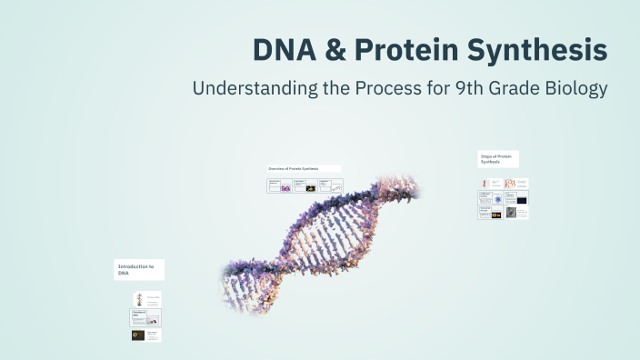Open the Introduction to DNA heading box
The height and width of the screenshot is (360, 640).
(x=139, y=270)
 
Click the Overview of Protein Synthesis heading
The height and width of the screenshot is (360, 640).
(x=304, y=169)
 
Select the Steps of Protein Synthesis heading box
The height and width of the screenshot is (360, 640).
(x=498, y=159)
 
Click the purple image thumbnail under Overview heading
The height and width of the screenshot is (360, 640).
(x=285, y=188)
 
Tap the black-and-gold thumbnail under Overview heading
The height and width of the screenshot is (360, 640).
(x=311, y=188)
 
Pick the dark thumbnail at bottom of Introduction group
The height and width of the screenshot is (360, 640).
(x=138, y=335)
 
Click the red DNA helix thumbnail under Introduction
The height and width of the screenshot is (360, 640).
(x=138, y=298)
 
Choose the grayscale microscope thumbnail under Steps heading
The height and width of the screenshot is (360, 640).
(x=511, y=213)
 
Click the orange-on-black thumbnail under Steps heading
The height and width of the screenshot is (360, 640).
(x=496, y=215)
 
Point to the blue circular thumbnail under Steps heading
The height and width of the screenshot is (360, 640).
(x=498, y=198)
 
